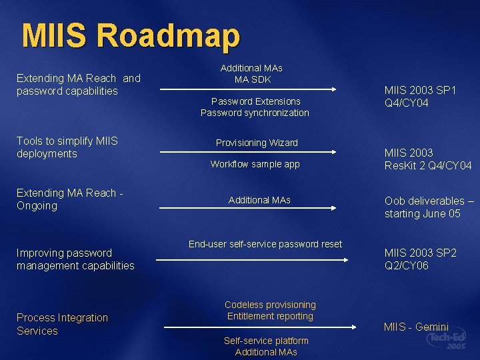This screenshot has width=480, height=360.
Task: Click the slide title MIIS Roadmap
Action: (130, 36)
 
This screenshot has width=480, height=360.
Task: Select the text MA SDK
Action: (251, 79)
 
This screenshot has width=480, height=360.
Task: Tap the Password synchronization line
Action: (255, 113)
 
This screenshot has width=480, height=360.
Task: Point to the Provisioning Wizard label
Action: (257, 143)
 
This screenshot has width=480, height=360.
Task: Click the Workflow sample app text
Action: (255, 164)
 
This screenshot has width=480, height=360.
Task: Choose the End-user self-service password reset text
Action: (265, 244)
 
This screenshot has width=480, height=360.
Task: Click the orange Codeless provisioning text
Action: (270, 305)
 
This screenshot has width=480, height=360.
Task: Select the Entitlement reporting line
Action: (270, 316)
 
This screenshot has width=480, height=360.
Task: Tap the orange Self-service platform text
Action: (266, 341)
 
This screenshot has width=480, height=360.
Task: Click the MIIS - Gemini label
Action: (416, 327)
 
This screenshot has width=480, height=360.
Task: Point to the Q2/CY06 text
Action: (407, 265)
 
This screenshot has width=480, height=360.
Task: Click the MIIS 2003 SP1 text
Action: (420, 90)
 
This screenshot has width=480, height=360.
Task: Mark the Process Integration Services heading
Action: (62, 324)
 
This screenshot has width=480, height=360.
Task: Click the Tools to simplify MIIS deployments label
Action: (67, 147)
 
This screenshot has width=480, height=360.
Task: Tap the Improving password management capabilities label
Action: (75, 259)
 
